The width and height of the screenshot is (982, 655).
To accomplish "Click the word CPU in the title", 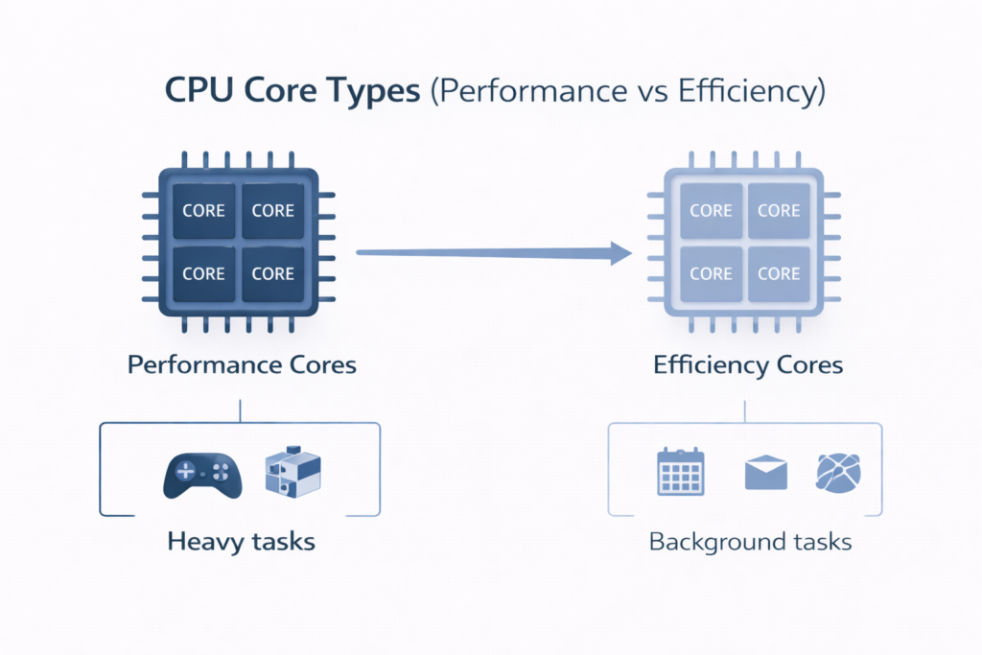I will [198, 92].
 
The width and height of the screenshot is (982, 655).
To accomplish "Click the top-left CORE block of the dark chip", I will [203, 211].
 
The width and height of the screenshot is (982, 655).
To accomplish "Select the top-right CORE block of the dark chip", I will [272, 211].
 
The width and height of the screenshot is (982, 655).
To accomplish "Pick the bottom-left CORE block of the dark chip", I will [203, 274].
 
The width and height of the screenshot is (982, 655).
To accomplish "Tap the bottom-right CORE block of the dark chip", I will [272, 274].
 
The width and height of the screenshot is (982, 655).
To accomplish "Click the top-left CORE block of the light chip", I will [711, 211].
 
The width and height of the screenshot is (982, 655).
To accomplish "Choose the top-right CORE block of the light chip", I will [779, 211].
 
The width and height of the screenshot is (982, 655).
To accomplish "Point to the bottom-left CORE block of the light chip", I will [711, 273].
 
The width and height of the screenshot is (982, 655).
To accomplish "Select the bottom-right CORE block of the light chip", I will [779, 273].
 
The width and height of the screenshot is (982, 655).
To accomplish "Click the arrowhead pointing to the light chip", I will [619, 253].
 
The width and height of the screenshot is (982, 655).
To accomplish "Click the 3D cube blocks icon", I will [292, 473].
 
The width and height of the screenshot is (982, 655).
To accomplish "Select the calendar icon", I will [681, 472].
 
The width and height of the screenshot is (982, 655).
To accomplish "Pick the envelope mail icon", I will [765, 473].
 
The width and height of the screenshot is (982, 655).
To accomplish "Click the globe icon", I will [838, 473].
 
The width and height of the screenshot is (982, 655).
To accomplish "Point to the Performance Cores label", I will [241, 365].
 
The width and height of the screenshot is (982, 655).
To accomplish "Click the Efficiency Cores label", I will [747, 365].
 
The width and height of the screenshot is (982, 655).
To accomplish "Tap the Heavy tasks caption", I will [241, 542].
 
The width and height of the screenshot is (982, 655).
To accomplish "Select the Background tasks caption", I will [750, 542].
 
